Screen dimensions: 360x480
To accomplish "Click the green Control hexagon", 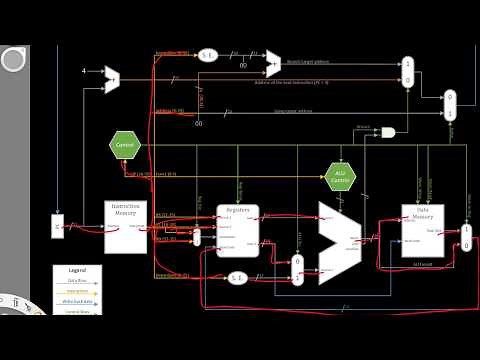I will tap(125, 145).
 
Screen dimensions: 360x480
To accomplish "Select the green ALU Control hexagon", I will tap(340, 177).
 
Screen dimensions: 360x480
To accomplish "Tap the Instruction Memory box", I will tap(126, 226).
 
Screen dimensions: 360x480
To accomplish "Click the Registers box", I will tap(238, 230).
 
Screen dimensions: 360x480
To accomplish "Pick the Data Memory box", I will tap(422, 230).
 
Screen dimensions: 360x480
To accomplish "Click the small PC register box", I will tap(57, 226).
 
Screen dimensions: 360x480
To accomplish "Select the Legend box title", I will tap(77, 271).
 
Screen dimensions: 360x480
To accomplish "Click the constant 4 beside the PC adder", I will tap(83, 71).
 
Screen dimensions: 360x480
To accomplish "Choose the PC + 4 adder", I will tap(113, 79).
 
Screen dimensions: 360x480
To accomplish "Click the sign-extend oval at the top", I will tap(208, 55).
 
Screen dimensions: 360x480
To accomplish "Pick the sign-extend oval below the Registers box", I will tap(237, 277).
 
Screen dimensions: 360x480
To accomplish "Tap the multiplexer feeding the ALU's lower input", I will tap(297, 269).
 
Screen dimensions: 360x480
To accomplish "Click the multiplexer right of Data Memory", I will tap(466, 237).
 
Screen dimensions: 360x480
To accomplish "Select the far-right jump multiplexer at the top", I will tap(450, 104).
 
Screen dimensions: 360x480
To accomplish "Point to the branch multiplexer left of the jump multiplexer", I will tap(407, 71).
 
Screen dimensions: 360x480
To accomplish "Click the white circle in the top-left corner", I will tap(13, 60).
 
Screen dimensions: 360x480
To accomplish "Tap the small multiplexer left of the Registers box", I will tap(196, 237).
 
